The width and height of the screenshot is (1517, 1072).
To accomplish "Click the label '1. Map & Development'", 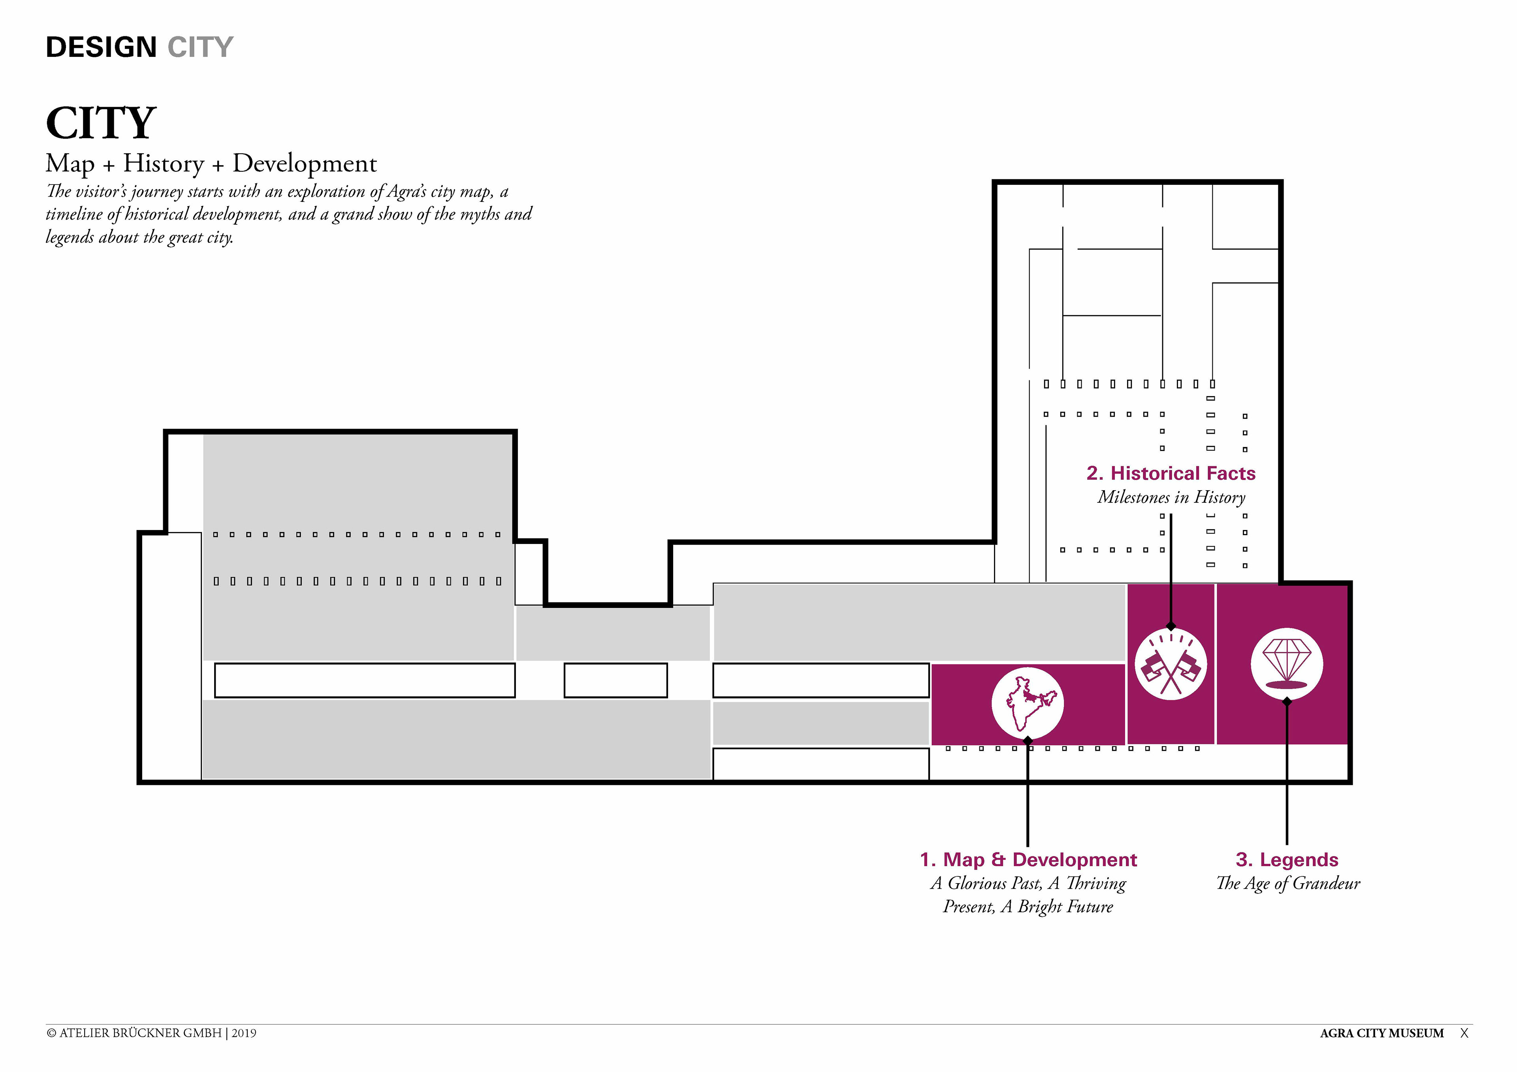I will (x=1028, y=859).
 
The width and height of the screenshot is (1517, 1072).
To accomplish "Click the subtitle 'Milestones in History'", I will (x=1171, y=497).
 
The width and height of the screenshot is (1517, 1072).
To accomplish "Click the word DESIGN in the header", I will (x=101, y=47).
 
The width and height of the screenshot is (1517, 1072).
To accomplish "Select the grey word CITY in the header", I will (x=200, y=47).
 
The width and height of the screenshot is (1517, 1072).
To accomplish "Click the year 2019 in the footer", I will (x=244, y=1033).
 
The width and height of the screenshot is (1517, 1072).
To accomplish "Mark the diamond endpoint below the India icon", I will (x=1028, y=741).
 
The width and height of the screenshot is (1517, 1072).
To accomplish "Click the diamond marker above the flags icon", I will (x=1171, y=626).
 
